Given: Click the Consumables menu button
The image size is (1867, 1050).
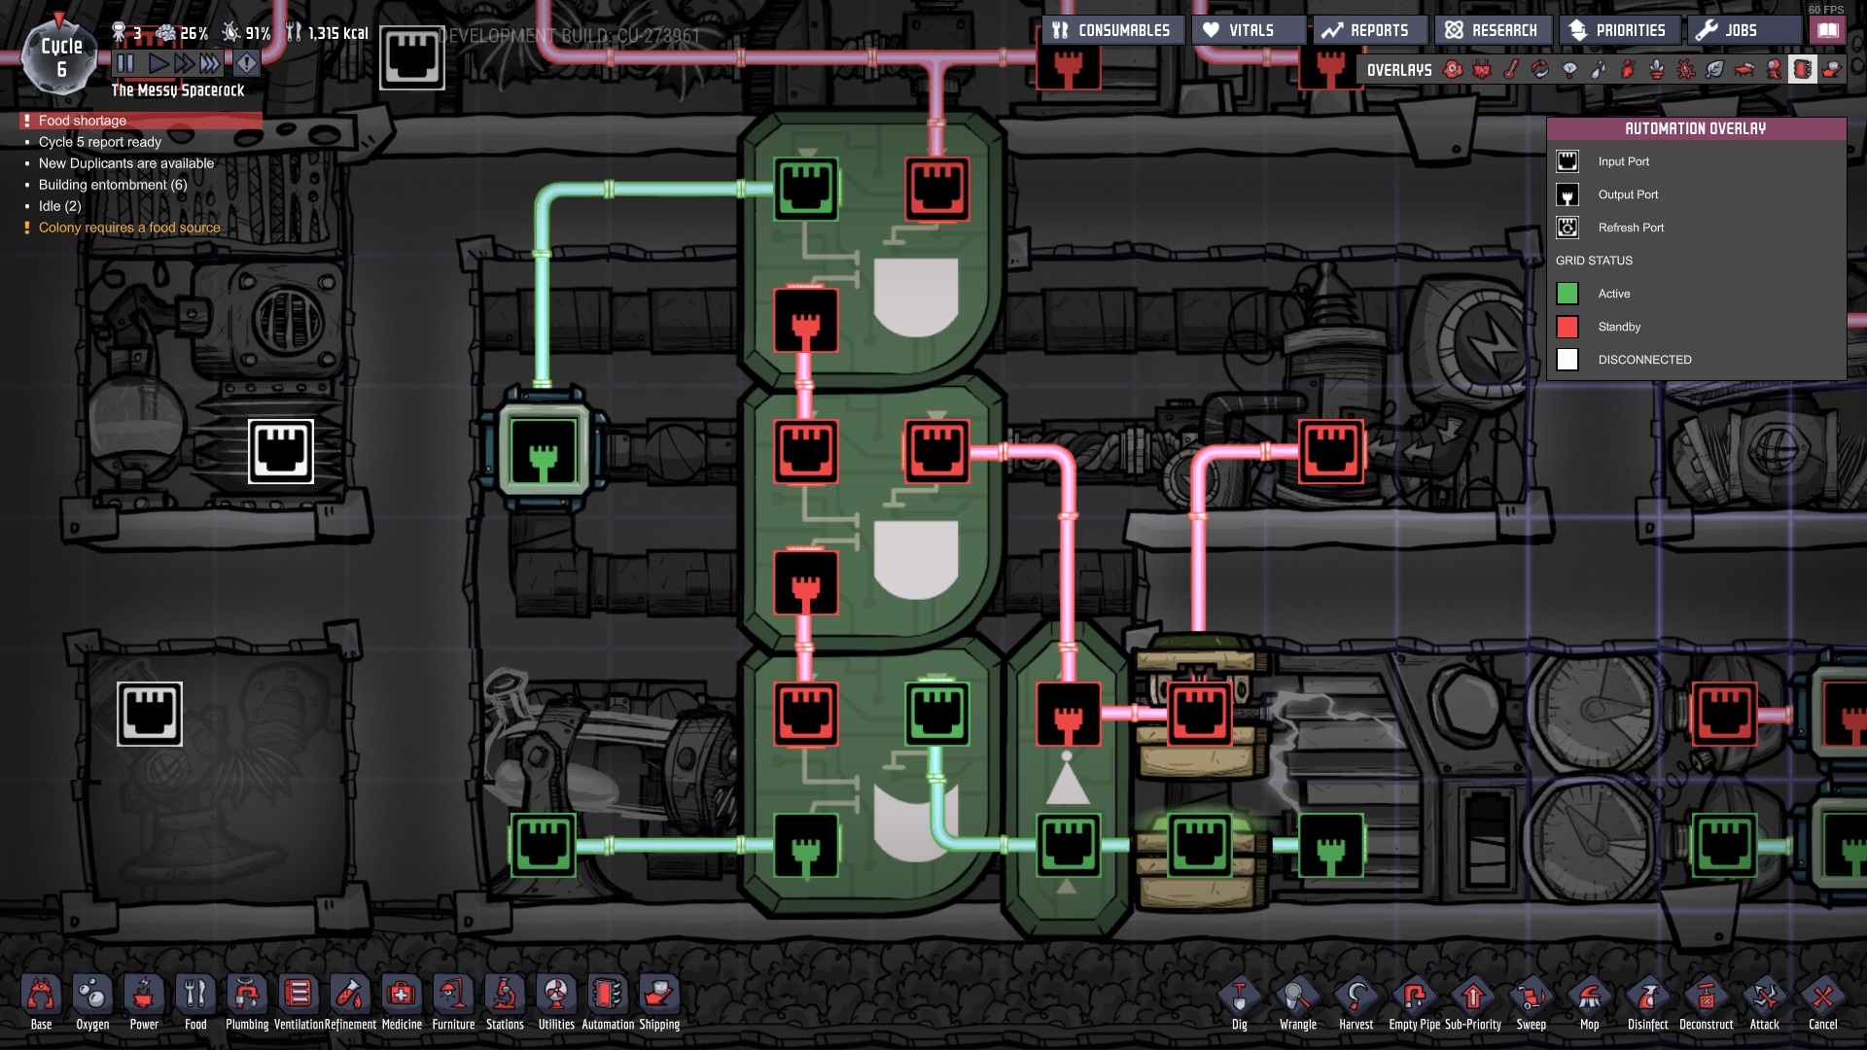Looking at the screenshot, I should tap(1112, 30).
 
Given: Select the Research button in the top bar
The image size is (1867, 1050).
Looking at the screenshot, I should tap(1492, 30).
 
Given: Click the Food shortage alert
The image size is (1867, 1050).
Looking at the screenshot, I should tap(83, 121).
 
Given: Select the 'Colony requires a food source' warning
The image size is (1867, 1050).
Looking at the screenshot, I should tap(129, 227).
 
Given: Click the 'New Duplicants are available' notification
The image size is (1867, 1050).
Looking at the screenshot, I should tap(126, 163).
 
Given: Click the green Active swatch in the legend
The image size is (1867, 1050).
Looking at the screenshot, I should tap(1568, 294).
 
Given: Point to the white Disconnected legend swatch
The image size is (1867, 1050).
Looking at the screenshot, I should tap(1568, 360).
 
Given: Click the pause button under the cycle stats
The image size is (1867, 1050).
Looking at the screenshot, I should tap(125, 63).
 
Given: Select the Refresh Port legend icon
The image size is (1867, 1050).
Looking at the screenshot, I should tap(1568, 227).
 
